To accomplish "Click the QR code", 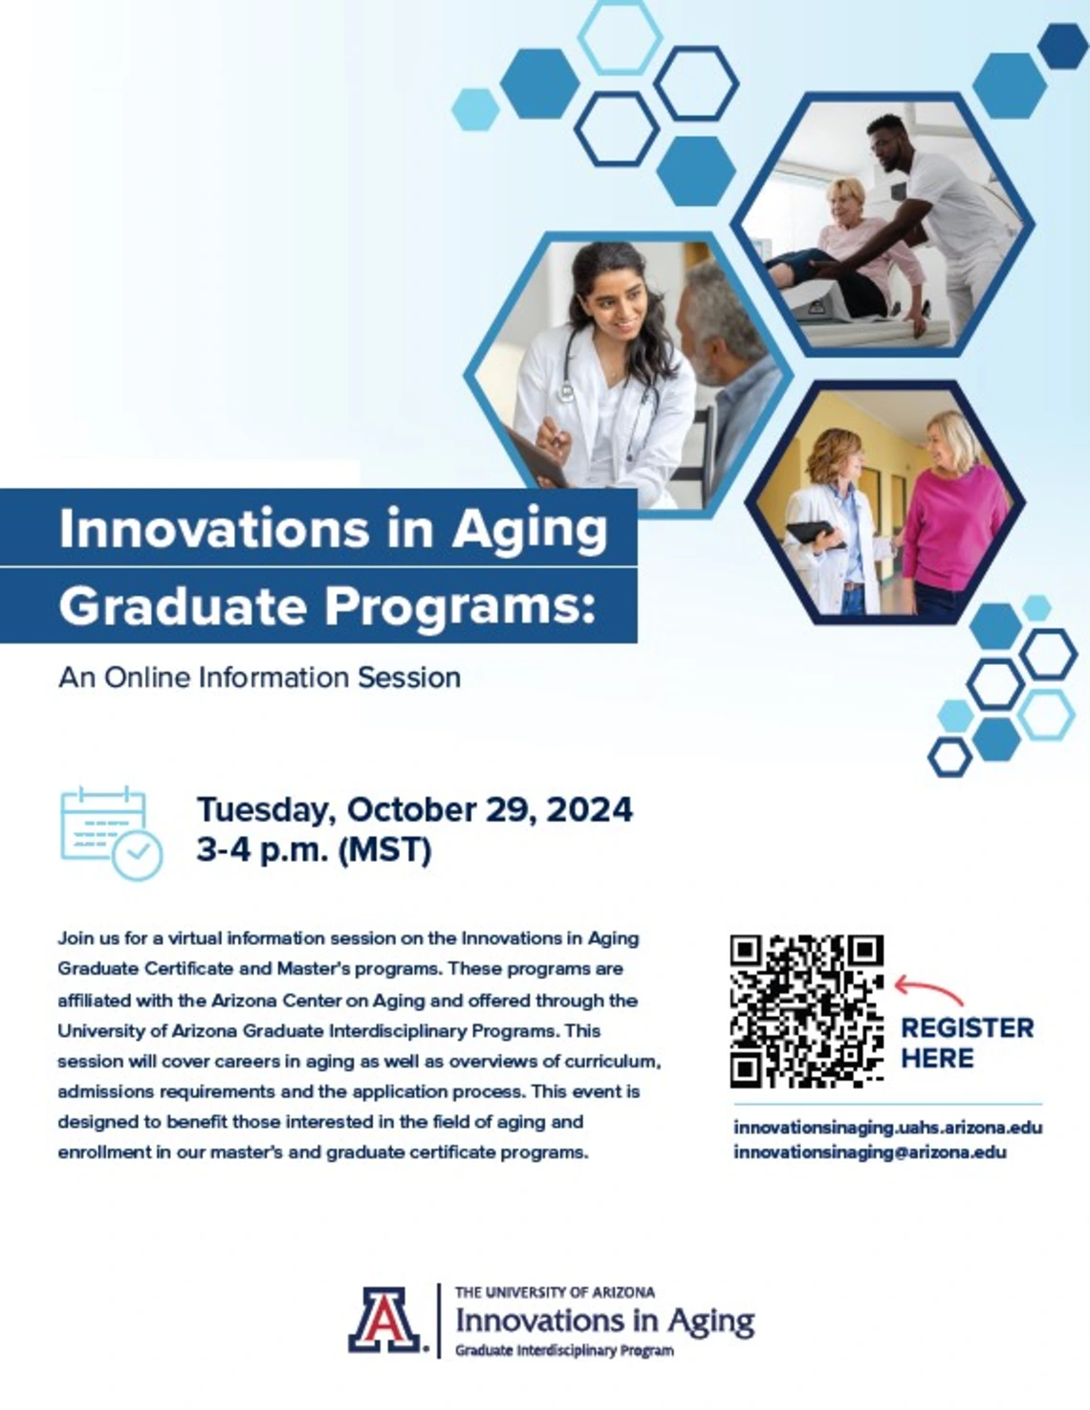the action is click(807, 1012).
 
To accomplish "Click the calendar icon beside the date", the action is click(111, 832).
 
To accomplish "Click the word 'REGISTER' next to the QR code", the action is click(967, 1028).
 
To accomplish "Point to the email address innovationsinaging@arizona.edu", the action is click(870, 1153).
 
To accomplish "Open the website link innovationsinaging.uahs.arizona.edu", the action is click(887, 1128).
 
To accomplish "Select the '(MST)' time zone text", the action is click(385, 850).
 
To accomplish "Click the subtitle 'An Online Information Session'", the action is click(259, 677).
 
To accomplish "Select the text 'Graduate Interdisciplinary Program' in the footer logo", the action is click(564, 1351).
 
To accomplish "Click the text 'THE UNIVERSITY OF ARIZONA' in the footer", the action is click(555, 1292).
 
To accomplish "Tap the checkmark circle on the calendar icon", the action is click(138, 854).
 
